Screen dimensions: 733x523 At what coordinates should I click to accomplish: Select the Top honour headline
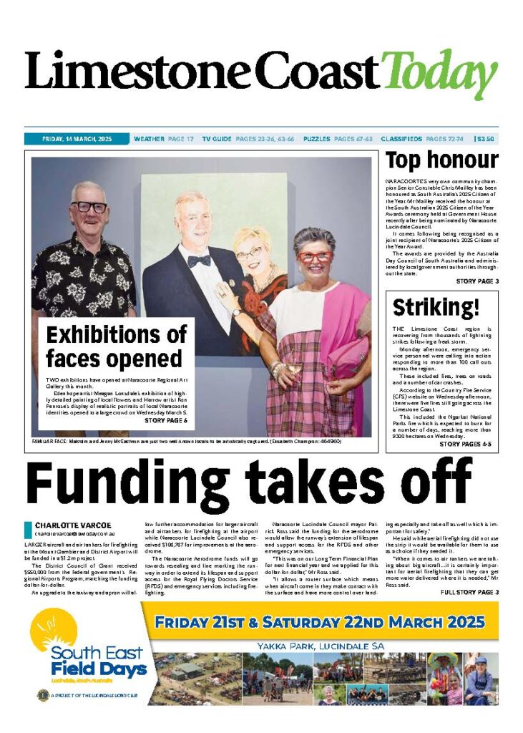click(441, 160)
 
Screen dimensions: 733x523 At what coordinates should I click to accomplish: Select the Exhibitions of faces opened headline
click(116, 346)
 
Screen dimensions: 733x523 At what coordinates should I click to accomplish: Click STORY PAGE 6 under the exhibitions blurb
click(166, 420)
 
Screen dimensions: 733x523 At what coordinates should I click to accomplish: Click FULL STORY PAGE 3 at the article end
click(469, 592)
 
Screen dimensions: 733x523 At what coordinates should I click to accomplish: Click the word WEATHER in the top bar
click(149, 138)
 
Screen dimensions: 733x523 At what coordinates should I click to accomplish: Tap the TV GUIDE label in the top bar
click(217, 138)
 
